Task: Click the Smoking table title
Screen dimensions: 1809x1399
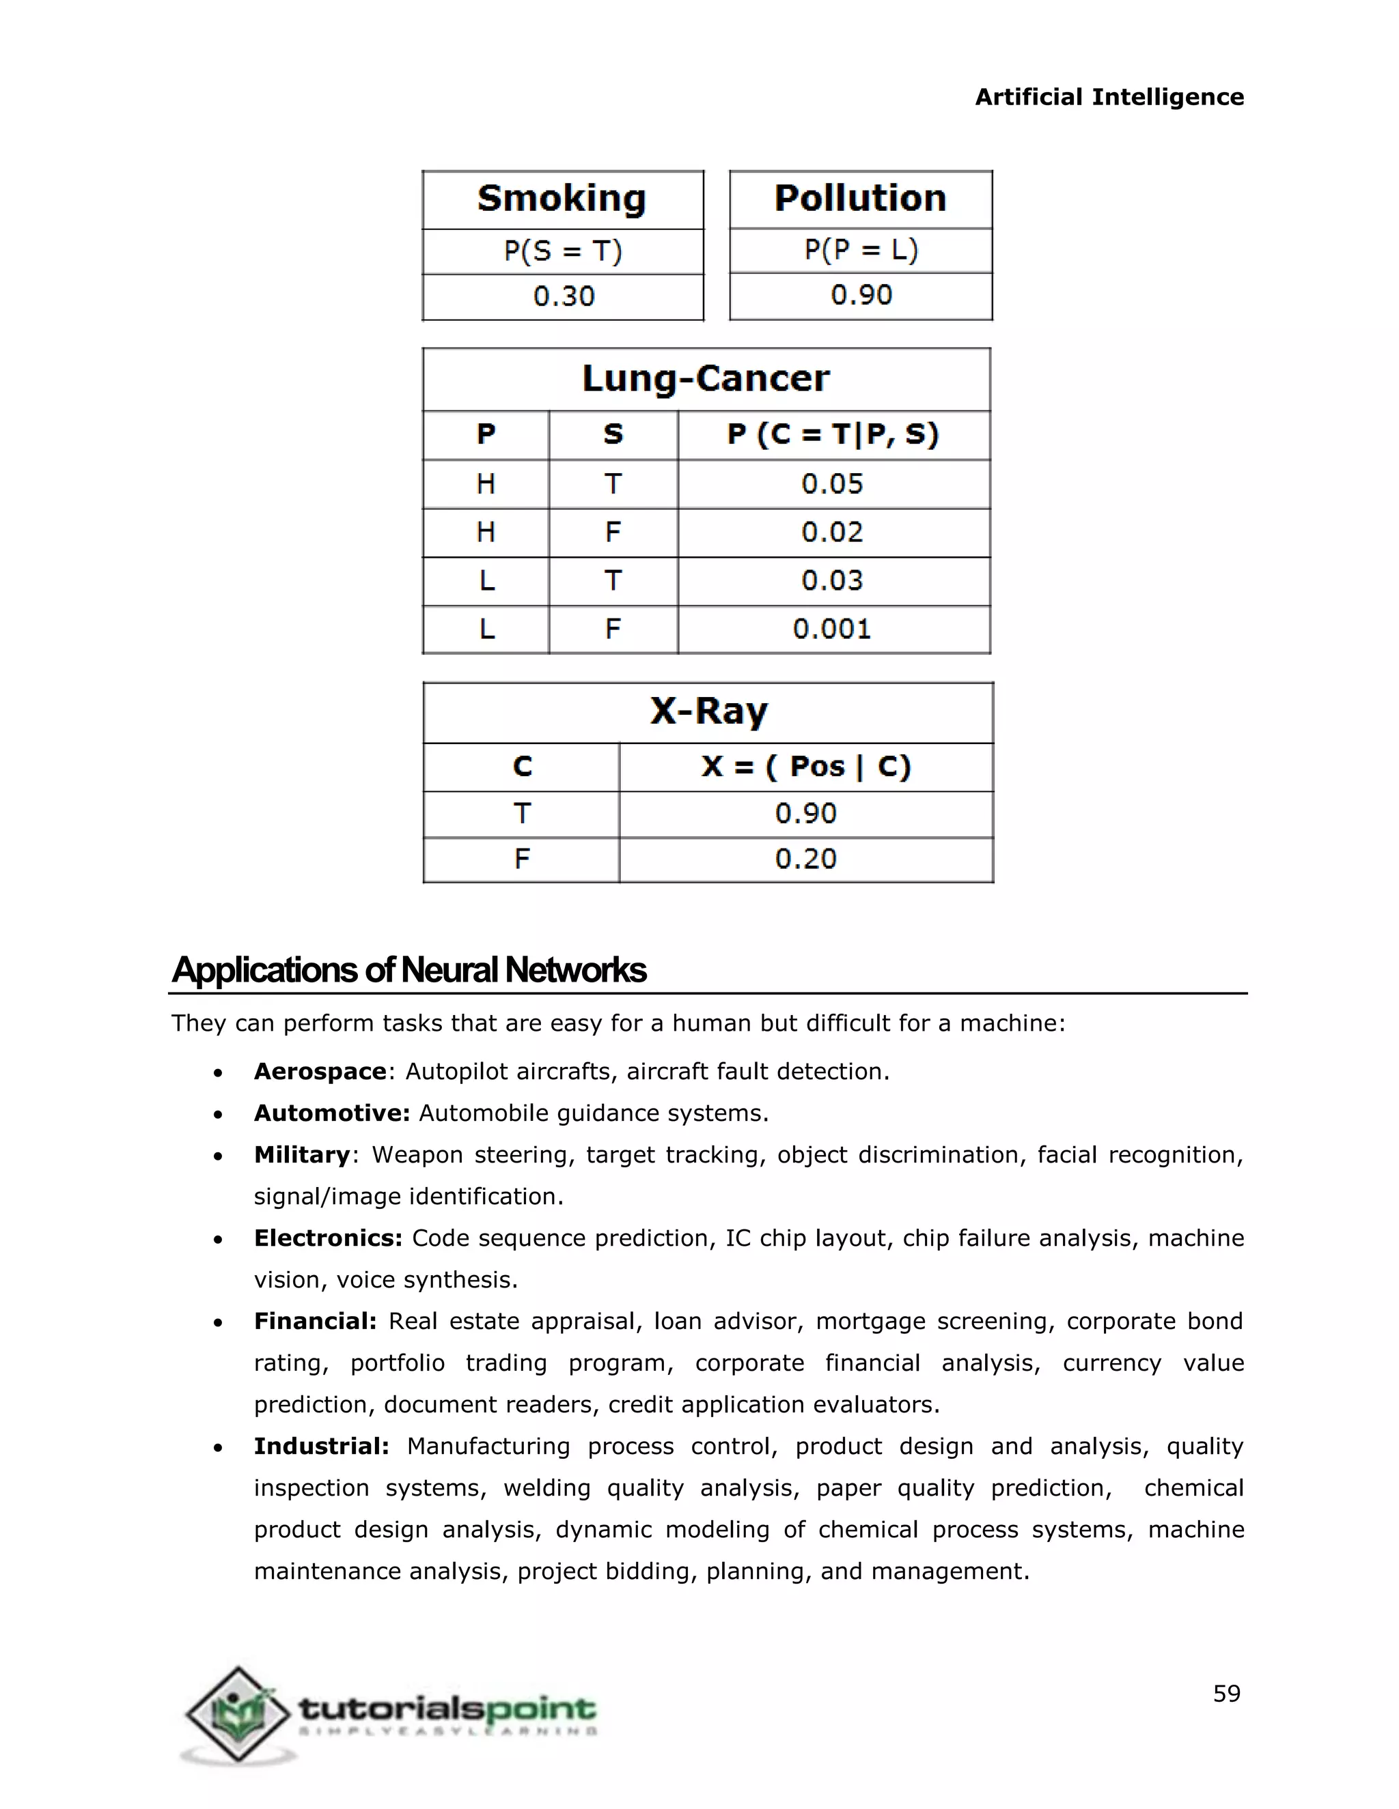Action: pos(562,199)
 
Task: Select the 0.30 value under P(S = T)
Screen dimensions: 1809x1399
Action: pos(564,296)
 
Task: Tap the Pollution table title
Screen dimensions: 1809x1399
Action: pos(860,199)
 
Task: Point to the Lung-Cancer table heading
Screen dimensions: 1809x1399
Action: pos(705,379)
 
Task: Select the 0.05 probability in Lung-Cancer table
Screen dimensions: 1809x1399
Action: pos(832,484)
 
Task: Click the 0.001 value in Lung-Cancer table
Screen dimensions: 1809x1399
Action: pos(832,629)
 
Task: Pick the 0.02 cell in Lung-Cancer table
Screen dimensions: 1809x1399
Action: pos(832,532)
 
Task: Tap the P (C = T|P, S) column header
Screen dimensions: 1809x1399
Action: pos(832,434)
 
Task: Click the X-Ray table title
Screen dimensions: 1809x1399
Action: pos(708,711)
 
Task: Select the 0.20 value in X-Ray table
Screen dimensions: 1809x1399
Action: pos(805,859)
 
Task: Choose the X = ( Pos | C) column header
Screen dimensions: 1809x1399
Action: pos(805,766)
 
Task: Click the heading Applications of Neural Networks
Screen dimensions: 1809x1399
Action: pos(408,970)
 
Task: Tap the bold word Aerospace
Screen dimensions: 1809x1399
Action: pos(320,1072)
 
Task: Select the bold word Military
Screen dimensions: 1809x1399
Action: pos(302,1154)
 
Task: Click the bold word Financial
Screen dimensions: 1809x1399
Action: pos(315,1321)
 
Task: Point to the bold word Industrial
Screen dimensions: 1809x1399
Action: pos(321,1447)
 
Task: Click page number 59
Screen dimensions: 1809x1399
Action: pos(1227,1694)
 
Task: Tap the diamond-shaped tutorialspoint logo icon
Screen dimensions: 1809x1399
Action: pos(238,1713)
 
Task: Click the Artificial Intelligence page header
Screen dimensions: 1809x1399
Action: pos(1109,97)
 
